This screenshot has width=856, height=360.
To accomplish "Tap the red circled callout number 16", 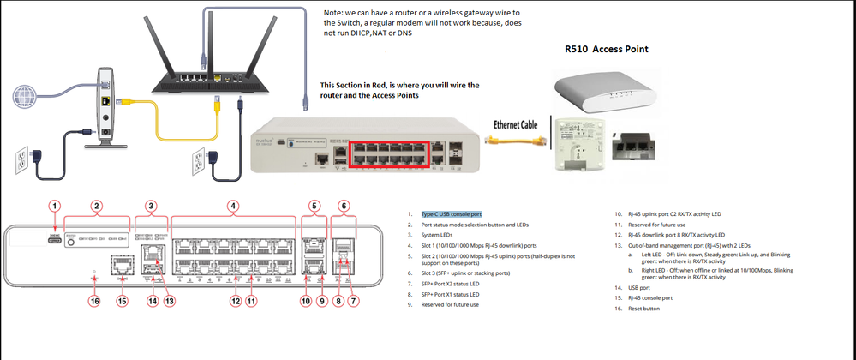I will (94, 301).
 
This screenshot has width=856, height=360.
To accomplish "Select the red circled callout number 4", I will (232, 206).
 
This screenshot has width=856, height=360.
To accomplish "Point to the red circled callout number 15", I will (123, 301).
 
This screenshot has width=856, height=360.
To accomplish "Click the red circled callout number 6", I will (344, 206).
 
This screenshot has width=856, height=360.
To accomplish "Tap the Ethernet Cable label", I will (514, 123).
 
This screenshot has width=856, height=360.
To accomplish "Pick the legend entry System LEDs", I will (441, 234).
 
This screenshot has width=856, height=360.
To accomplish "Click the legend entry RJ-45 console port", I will (648, 298).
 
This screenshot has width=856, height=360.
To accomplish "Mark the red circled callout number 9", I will (321, 301).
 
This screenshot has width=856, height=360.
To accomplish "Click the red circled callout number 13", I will (170, 301).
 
